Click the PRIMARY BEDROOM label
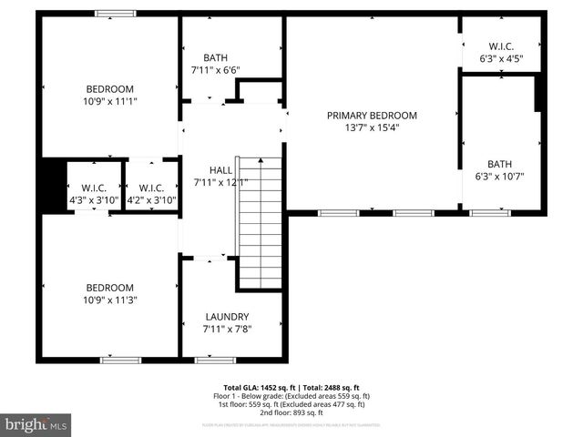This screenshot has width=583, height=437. (x=372, y=116)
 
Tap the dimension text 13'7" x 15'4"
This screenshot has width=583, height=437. (x=372, y=127)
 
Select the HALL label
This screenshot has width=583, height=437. (x=220, y=169)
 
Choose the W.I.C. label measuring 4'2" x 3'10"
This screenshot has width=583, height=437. (x=151, y=188)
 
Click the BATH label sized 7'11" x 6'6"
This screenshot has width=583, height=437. (x=216, y=56)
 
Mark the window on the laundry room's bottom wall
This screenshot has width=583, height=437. (x=216, y=360)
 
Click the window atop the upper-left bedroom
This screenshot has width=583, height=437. (x=116, y=14)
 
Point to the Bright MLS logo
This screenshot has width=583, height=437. (x=36, y=424)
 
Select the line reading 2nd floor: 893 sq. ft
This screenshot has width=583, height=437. (x=291, y=412)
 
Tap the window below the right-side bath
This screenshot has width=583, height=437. (x=490, y=212)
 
